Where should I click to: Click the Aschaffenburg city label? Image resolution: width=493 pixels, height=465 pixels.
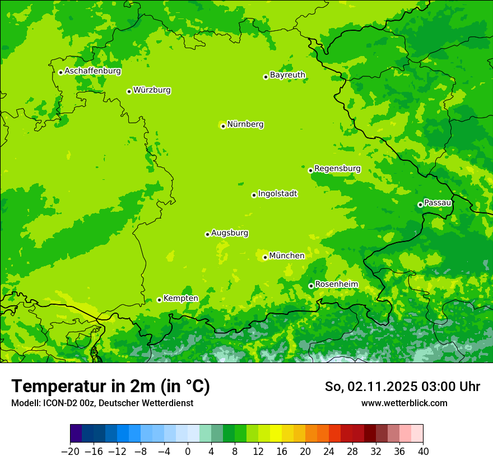tap(92, 71)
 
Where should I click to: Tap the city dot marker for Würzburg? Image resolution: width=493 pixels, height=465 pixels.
tap(129, 91)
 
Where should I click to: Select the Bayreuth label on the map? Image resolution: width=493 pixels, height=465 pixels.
tap(287, 75)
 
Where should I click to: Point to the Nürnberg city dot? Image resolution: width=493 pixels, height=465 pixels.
tap(223, 126)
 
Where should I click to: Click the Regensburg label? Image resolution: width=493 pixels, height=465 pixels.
tap(337, 168)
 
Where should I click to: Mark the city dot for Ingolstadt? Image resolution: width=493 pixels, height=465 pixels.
tap(254, 195)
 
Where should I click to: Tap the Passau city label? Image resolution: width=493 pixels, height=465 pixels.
tap(438, 202)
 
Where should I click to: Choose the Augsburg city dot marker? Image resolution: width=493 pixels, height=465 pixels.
tap(207, 234)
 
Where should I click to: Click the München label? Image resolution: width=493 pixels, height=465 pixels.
tap(287, 255)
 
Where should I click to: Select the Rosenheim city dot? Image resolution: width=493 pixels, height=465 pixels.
tap(311, 286)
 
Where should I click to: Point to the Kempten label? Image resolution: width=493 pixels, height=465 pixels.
tap(180, 298)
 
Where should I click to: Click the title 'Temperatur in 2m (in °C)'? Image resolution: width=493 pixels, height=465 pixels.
tap(110, 387)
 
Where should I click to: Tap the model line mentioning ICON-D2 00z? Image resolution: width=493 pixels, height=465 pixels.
tap(102, 403)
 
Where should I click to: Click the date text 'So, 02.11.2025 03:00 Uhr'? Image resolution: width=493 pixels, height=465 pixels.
tap(402, 387)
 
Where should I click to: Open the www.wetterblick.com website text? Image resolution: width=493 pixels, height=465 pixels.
tap(404, 403)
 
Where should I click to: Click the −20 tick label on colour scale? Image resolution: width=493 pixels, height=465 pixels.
tap(70, 452)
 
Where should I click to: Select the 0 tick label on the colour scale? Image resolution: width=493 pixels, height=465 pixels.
tap(188, 452)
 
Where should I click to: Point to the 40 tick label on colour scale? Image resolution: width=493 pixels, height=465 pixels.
tap(423, 452)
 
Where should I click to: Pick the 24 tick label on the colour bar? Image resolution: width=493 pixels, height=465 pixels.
tap(329, 452)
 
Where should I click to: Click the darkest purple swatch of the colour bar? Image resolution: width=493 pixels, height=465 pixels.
tap(76, 434)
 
